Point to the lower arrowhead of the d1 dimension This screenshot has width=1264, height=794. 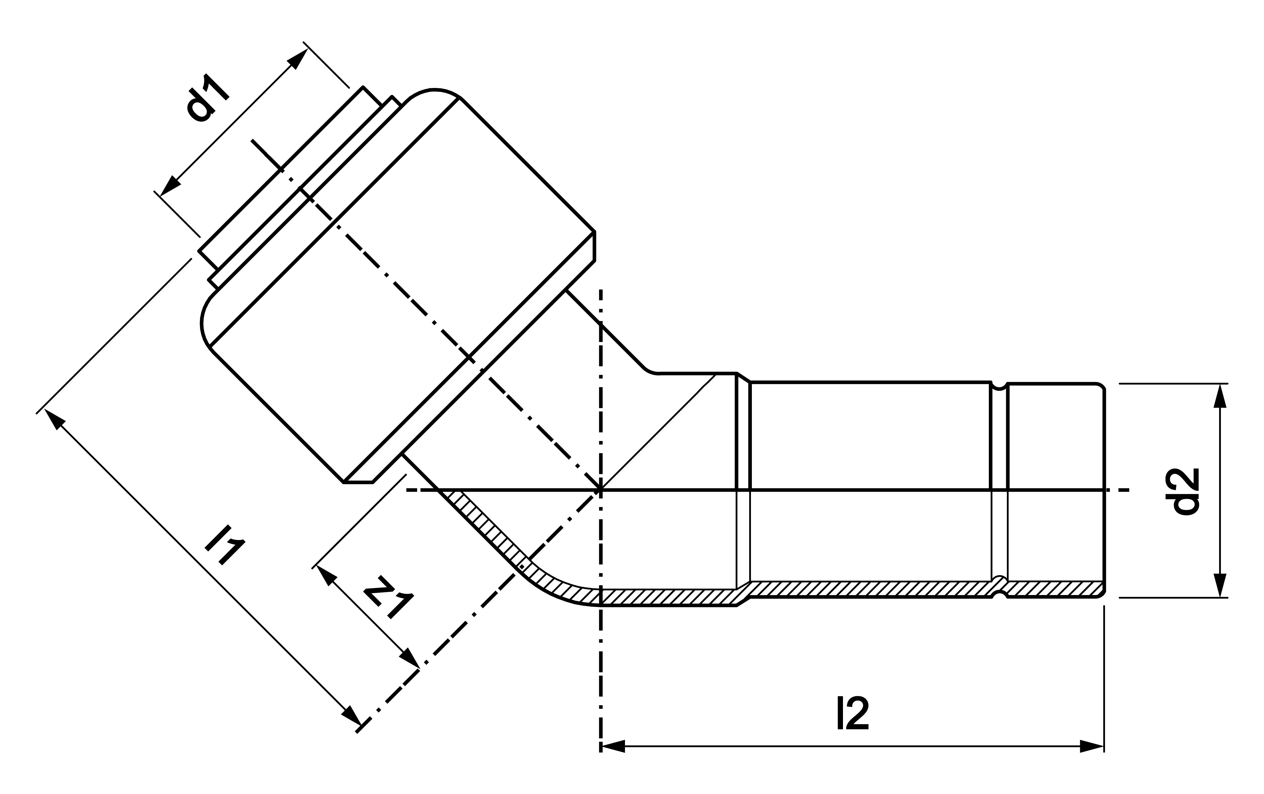pyautogui.click(x=170, y=187)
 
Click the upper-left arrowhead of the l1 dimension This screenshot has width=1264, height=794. pyautogui.click(x=55, y=420)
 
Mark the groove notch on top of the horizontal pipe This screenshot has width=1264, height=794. pyautogui.click(x=999, y=386)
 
